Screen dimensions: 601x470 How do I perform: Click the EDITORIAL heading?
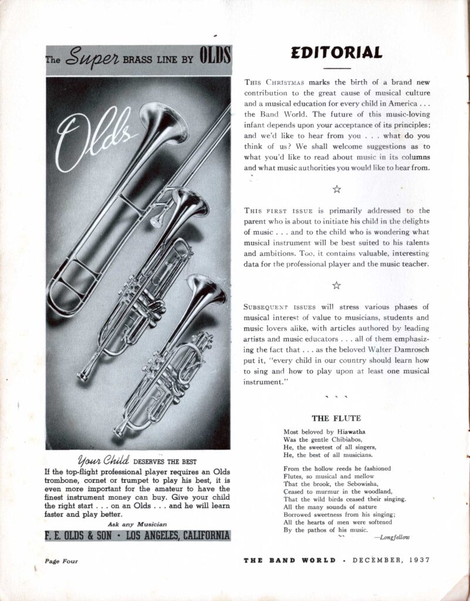pos(336,52)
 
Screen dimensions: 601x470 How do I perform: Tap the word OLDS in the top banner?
pos(215,60)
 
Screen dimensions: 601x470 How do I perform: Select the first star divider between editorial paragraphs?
pos(336,188)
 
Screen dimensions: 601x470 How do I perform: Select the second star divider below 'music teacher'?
pos(336,285)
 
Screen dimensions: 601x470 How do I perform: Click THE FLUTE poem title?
pos(336,418)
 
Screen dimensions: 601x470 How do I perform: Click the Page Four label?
pos(61,561)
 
